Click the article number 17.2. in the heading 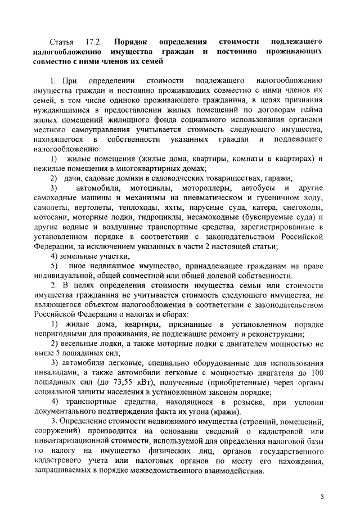(94, 42)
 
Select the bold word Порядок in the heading (130, 42)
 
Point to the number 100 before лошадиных (317, 372)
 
